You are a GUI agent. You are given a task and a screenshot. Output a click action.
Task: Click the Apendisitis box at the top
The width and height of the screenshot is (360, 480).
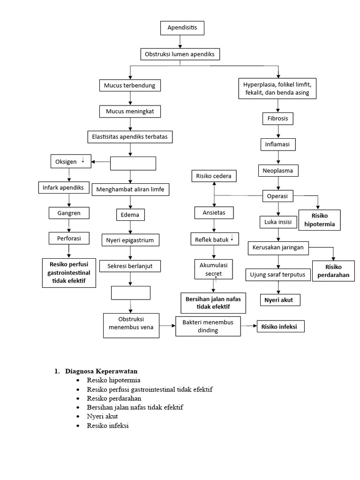click(x=182, y=28)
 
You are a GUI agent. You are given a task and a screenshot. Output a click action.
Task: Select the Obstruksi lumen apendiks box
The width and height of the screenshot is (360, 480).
click(x=180, y=54)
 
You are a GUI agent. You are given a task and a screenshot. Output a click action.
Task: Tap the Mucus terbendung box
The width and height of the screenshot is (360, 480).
click(x=130, y=85)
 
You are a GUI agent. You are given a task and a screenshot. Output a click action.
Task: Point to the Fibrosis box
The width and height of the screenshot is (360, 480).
click(x=278, y=119)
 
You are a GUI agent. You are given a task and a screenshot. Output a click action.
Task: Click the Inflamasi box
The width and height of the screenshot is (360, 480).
click(x=278, y=144)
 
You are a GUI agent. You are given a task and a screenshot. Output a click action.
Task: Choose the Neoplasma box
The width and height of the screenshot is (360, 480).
click(x=278, y=171)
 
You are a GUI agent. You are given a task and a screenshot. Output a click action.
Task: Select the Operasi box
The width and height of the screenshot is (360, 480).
click(x=278, y=195)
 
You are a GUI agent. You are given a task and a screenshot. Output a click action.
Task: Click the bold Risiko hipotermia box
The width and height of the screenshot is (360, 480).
click(x=320, y=220)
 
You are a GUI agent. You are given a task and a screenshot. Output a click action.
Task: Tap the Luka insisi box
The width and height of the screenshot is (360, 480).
click(x=278, y=221)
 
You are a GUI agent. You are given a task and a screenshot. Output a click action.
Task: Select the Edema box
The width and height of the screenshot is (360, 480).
click(x=130, y=215)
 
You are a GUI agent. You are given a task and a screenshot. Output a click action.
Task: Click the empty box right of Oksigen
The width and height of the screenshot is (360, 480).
click(x=133, y=163)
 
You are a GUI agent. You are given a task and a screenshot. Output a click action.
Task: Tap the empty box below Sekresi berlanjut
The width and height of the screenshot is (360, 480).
click(x=131, y=292)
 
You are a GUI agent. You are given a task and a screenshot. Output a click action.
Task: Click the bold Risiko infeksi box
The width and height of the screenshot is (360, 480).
click(x=280, y=326)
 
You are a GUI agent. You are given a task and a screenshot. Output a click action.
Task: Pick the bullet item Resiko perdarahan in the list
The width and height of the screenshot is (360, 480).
click(x=114, y=398)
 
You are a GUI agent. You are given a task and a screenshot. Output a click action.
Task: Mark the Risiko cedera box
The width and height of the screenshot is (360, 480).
click(x=214, y=176)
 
